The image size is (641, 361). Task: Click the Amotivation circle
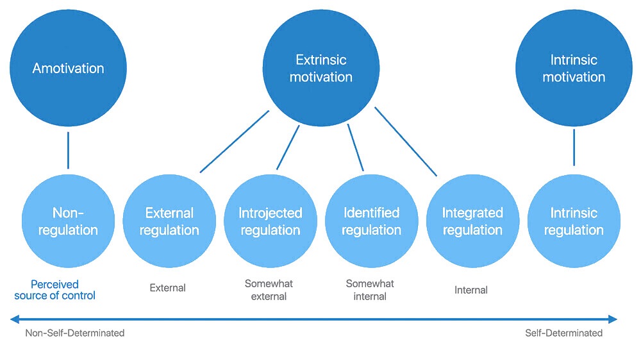click(x=68, y=68)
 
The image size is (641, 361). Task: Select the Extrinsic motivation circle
click(x=320, y=68)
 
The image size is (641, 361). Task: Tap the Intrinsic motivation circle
click(x=574, y=68)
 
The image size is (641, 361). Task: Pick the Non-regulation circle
click(x=68, y=221)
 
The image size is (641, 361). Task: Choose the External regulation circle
click(x=169, y=221)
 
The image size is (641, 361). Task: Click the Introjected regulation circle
click(x=271, y=221)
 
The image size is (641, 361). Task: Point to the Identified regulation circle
click(x=372, y=221)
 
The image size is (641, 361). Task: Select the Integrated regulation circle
click(x=472, y=221)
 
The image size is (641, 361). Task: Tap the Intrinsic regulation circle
click(x=574, y=221)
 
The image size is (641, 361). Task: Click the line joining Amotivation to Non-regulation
click(x=68, y=150)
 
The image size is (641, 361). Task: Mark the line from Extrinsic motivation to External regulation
click(x=235, y=141)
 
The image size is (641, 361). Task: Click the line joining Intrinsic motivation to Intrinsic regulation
click(x=574, y=147)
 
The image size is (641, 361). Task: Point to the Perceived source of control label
click(x=63, y=290)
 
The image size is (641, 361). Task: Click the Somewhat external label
click(x=269, y=290)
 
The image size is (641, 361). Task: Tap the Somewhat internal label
click(x=370, y=290)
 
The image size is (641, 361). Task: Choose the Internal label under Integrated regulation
click(x=471, y=290)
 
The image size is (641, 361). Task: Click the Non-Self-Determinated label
click(x=75, y=333)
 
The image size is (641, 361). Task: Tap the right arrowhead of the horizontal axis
click(x=612, y=319)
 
